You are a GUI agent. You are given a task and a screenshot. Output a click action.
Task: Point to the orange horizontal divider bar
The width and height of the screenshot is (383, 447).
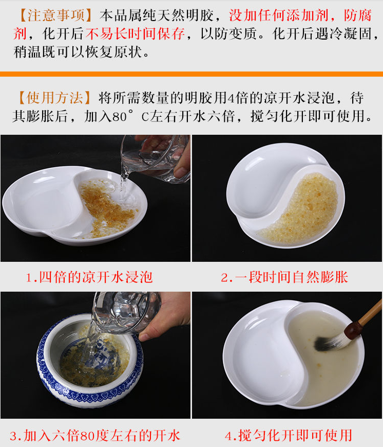point(191,74)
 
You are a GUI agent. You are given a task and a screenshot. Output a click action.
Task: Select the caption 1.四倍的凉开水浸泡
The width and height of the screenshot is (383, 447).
point(89,278)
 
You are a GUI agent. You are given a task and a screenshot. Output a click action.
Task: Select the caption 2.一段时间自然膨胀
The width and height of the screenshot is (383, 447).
point(284,278)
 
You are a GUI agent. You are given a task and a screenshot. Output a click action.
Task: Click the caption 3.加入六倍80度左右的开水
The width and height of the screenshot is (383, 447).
point(95,436)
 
